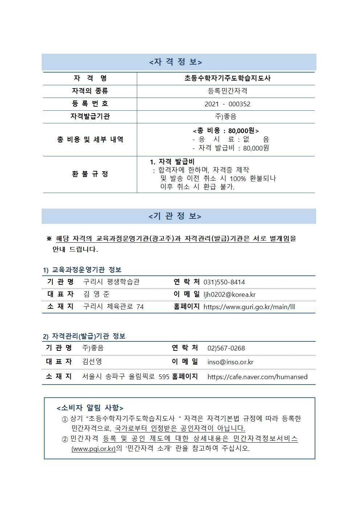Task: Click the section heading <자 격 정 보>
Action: click(176, 62)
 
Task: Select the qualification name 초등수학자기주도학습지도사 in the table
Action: click(227, 78)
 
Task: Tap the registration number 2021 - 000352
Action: click(227, 104)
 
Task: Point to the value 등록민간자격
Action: click(227, 91)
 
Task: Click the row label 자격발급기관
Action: click(90, 116)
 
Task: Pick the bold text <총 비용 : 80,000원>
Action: click(226, 131)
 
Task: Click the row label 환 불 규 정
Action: click(90, 174)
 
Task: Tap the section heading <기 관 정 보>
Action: click(175, 216)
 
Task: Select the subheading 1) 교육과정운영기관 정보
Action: click(82, 270)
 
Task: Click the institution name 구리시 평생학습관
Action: click(111, 282)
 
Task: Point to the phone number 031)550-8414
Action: click(224, 282)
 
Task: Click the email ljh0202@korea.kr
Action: click(229, 295)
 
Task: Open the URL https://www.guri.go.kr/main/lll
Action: click(249, 307)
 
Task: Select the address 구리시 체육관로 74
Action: click(113, 307)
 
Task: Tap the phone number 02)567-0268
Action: click(226, 348)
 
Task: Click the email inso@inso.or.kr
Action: click(230, 362)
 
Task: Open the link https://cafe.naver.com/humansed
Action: click(257, 377)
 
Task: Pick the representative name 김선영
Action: click(92, 362)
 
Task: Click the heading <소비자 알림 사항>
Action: click(90, 408)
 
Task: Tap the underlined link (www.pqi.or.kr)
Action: click(94, 449)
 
